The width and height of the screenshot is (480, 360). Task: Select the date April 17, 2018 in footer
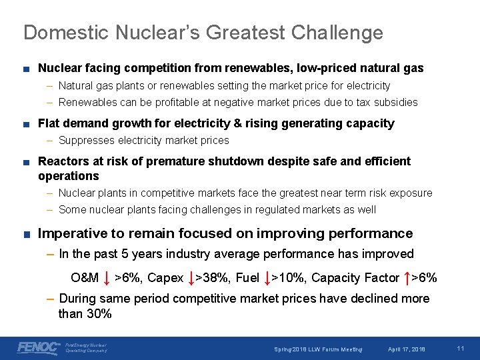pyautogui.click(x=407, y=349)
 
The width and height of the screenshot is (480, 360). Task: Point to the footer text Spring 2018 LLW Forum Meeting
pyautogui.click(x=319, y=349)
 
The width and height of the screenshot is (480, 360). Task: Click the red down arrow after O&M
pyautogui.click(x=107, y=277)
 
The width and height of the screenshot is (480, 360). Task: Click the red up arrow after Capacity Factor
pyautogui.click(x=405, y=277)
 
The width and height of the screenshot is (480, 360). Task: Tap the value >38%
pyautogui.click(x=212, y=278)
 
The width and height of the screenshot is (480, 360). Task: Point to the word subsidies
pyautogui.click(x=397, y=103)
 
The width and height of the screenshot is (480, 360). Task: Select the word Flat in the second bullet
pyautogui.click(x=49, y=123)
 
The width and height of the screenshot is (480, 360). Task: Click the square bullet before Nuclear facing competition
pyautogui.click(x=25, y=69)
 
